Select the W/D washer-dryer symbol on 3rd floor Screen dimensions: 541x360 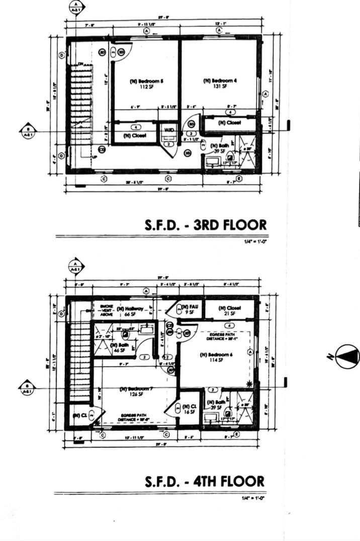click(169, 130)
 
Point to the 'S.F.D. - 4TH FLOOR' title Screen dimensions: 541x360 click(205, 481)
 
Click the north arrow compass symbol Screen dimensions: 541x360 click(348, 356)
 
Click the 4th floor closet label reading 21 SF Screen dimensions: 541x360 click(230, 310)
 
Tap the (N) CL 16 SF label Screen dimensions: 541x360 click(190, 409)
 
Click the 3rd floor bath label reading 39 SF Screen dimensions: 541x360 click(219, 147)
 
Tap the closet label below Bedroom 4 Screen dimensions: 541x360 click(229, 123)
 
